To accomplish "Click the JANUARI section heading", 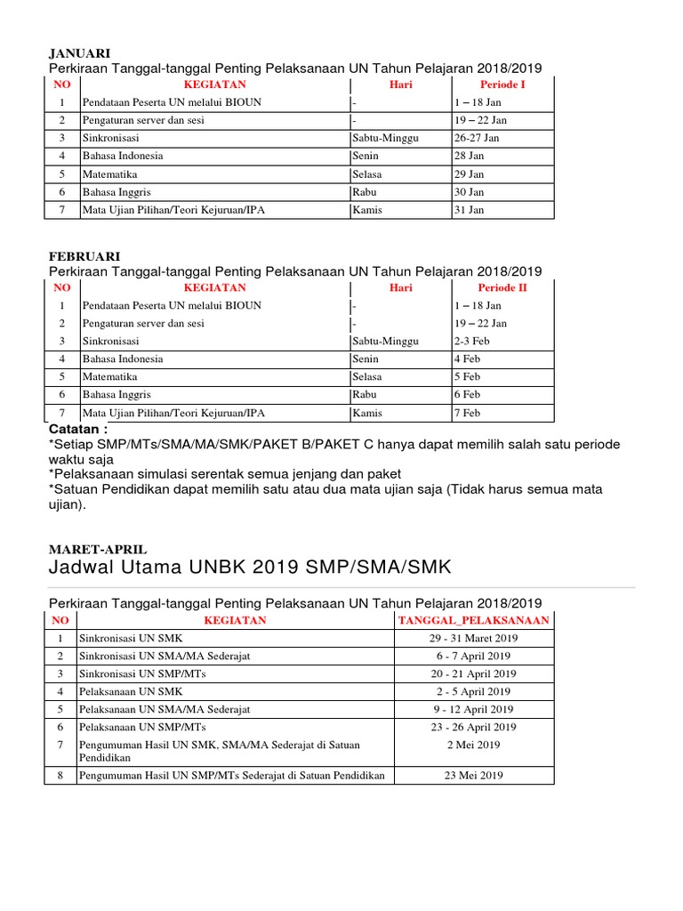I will [79, 53].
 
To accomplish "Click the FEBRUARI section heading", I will [84, 256].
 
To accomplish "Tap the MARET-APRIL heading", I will [98, 550].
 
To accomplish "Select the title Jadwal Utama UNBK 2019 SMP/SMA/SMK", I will [250, 568].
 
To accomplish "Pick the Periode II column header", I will [502, 287].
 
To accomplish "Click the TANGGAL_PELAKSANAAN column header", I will [473, 620].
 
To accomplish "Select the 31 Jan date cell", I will [470, 210].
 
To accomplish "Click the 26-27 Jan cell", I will [477, 138].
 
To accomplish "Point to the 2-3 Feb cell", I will [472, 341].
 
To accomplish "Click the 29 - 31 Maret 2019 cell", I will [473, 638].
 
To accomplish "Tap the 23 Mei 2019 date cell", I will [473, 775].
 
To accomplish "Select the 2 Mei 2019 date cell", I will [473, 745].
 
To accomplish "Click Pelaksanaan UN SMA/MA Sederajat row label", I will [165, 709].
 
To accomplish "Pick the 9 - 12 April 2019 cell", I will [473, 709].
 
